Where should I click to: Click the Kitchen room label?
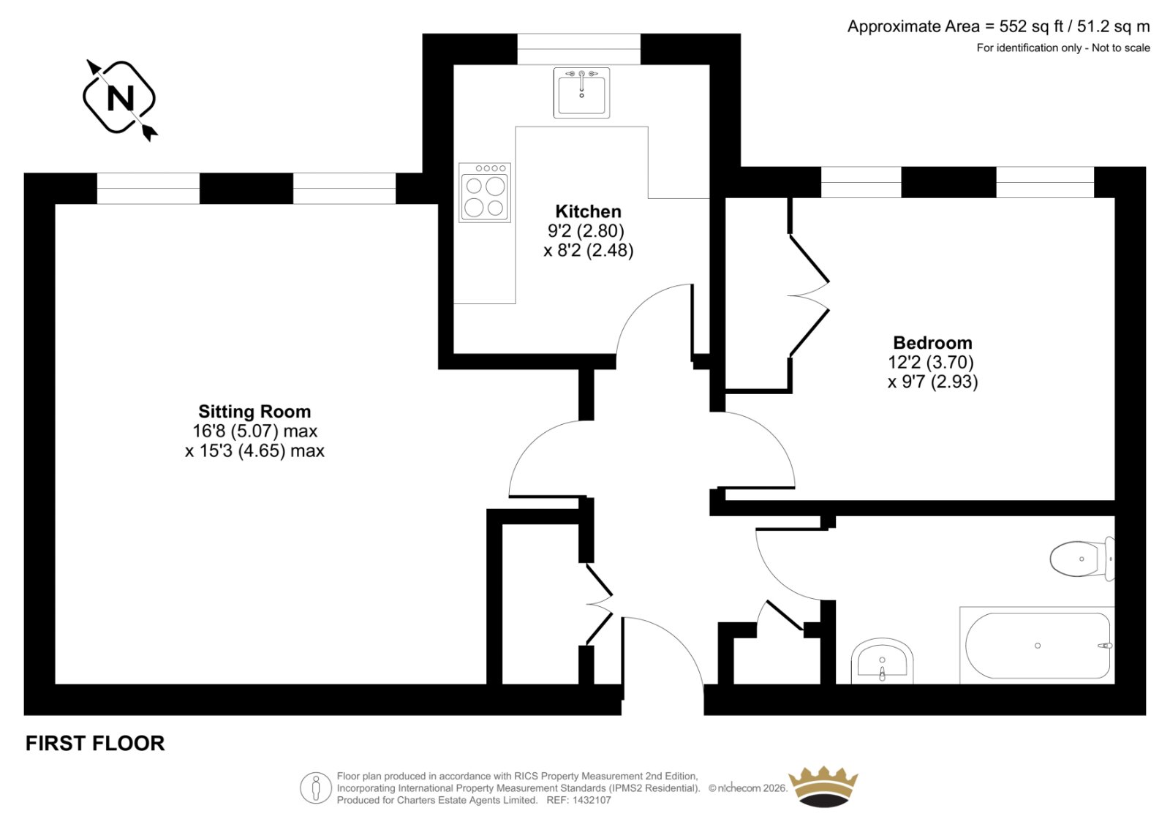pos(588,211)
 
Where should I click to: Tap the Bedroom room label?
pos(932,343)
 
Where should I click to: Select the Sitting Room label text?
pos(254,412)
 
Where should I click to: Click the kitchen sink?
pos(581,92)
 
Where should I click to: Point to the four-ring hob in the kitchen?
pos(485,192)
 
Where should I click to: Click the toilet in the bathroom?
pos(1082,559)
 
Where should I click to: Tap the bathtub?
pos(1038,645)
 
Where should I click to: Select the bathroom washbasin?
pos(882,661)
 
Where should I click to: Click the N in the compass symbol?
pos(120,98)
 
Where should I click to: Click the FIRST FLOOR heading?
pos(95,743)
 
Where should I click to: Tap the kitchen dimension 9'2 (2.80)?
pos(586,231)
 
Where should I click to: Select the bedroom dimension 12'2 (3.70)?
pos(931,362)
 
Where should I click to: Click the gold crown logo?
pos(823,786)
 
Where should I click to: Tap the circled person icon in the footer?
pos(315,788)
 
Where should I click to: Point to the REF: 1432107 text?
pos(578,801)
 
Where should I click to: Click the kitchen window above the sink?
pos(578,49)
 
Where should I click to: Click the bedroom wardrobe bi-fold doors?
pos(809,295)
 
